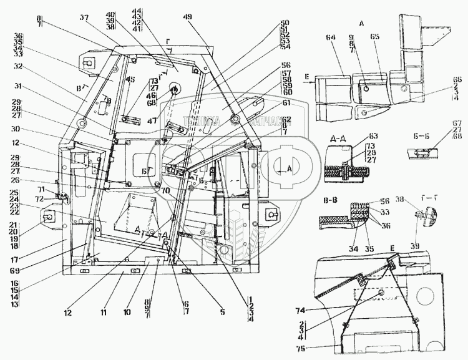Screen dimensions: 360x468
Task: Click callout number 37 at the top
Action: pos(99,17)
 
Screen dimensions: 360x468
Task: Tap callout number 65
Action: pos(375,37)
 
